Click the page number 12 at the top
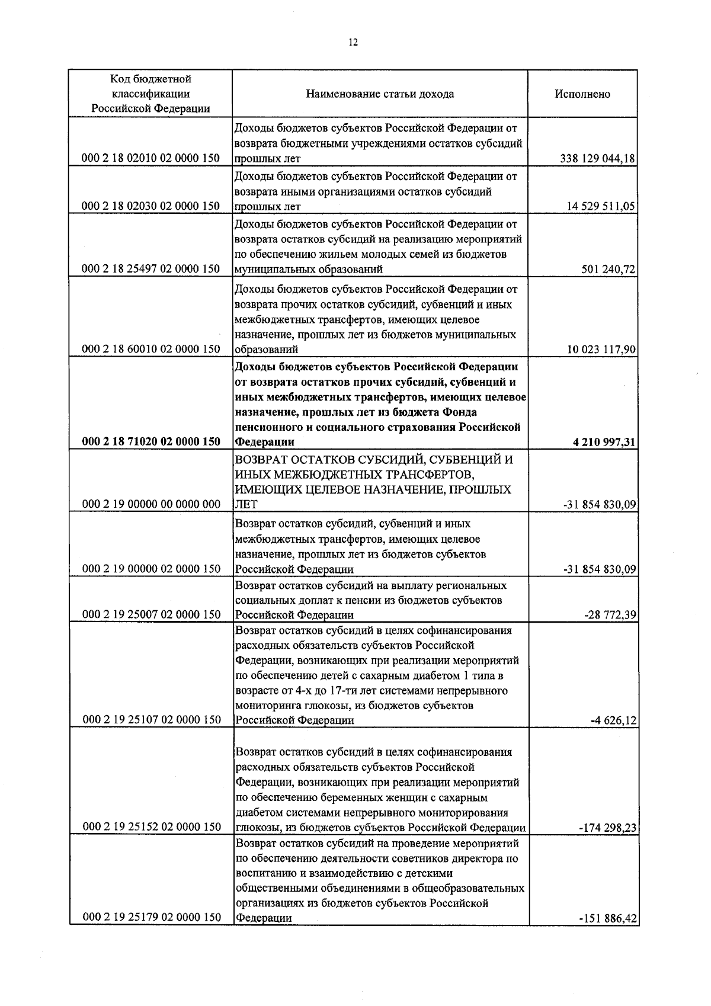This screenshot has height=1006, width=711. coord(354,42)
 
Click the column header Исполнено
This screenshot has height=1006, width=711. coord(582,94)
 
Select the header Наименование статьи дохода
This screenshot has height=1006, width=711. coord(380,94)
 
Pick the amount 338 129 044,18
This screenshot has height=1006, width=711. coord(597,158)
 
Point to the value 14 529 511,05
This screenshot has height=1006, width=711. coord(601,206)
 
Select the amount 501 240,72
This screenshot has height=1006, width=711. coord(608,270)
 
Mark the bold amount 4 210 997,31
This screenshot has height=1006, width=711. coord(604,442)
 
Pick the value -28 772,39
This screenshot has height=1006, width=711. coord(610,615)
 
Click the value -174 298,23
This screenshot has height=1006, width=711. coord(607,828)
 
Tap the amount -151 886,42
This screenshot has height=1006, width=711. coord(607,935)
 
